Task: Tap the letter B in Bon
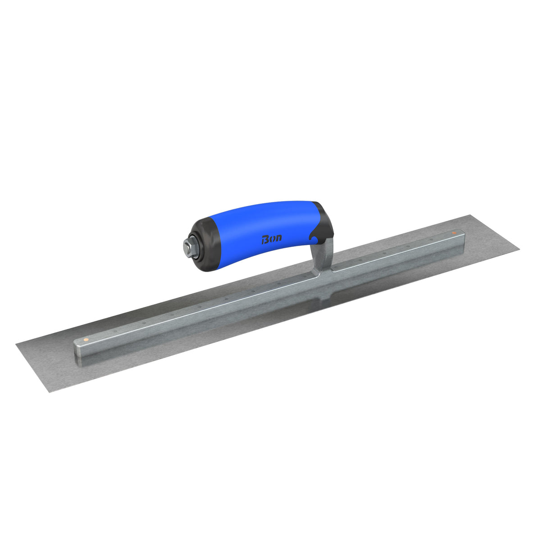point(265,240)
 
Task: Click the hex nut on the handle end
point(187,246)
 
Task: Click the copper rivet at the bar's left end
point(86,338)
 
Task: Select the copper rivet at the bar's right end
point(454,233)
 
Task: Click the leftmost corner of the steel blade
point(17,345)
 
